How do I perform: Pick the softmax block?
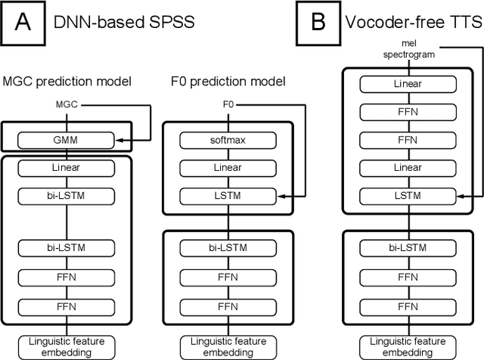click(x=224, y=141)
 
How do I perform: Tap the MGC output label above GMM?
click(x=67, y=104)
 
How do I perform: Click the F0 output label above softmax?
click(x=224, y=104)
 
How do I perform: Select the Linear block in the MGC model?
click(x=67, y=168)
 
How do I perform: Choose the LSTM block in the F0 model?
click(x=224, y=197)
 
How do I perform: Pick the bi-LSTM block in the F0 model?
click(x=224, y=248)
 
